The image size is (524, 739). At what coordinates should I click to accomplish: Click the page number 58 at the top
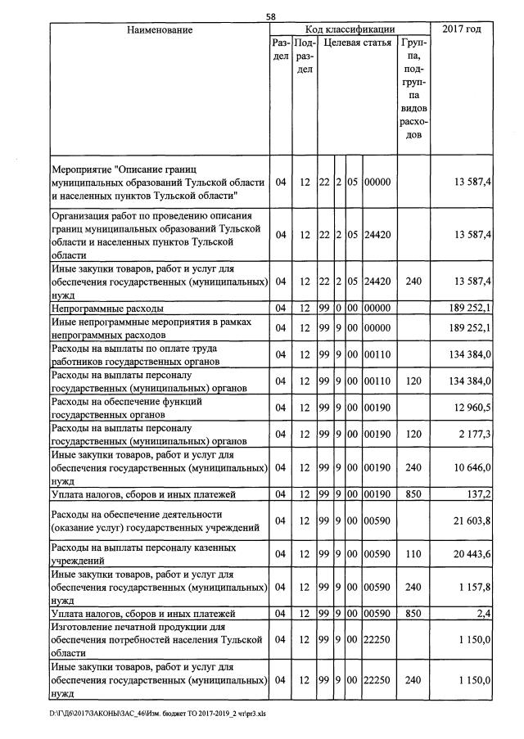[x=271, y=16]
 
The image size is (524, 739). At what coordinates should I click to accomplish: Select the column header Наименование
[x=160, y=30]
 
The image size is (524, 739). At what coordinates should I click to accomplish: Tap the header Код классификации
[x=350, y=30]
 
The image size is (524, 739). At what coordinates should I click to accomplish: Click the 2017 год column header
[x=461, y=30]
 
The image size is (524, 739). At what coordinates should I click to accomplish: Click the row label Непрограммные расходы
[x=107, y=309]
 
